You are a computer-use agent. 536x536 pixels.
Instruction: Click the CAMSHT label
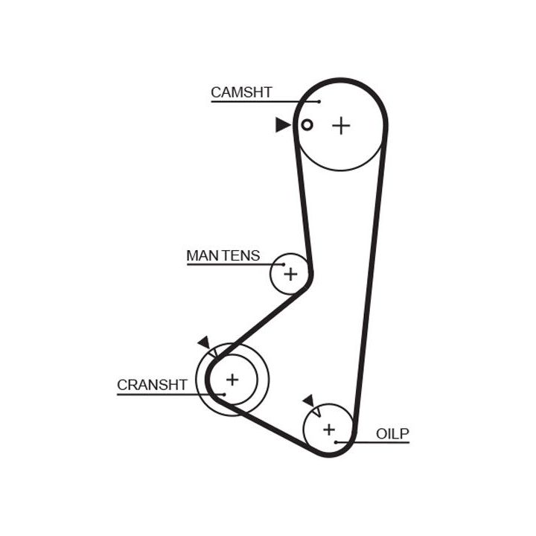241,93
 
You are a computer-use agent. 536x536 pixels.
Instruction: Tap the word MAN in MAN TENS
200,256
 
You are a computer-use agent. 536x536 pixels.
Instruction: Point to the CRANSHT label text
152,385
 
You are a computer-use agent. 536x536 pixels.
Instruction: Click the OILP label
392,433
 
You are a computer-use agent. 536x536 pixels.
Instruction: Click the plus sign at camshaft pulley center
340,125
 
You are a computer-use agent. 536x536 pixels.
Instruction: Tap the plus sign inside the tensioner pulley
290,275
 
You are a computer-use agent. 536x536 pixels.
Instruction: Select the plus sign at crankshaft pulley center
232,380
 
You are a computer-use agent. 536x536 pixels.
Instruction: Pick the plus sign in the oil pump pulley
328,429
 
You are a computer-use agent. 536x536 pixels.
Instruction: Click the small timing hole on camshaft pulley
306,124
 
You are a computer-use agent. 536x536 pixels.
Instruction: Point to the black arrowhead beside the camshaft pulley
282,124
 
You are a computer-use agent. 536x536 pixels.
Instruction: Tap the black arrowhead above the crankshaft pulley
204,342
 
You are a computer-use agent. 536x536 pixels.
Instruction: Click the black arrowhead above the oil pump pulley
308,401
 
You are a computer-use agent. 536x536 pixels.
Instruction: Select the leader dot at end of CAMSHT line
319,101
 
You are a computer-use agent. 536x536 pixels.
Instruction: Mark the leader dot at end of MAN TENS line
283,264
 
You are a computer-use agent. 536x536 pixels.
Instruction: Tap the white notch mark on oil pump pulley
316,409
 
